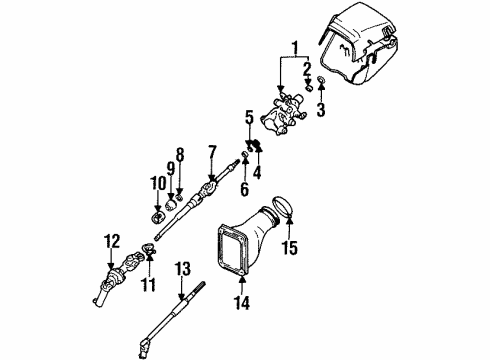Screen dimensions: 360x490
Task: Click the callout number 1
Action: click(294, 47)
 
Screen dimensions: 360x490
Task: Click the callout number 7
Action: click(212, 152)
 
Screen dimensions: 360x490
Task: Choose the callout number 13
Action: click(181, 267)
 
